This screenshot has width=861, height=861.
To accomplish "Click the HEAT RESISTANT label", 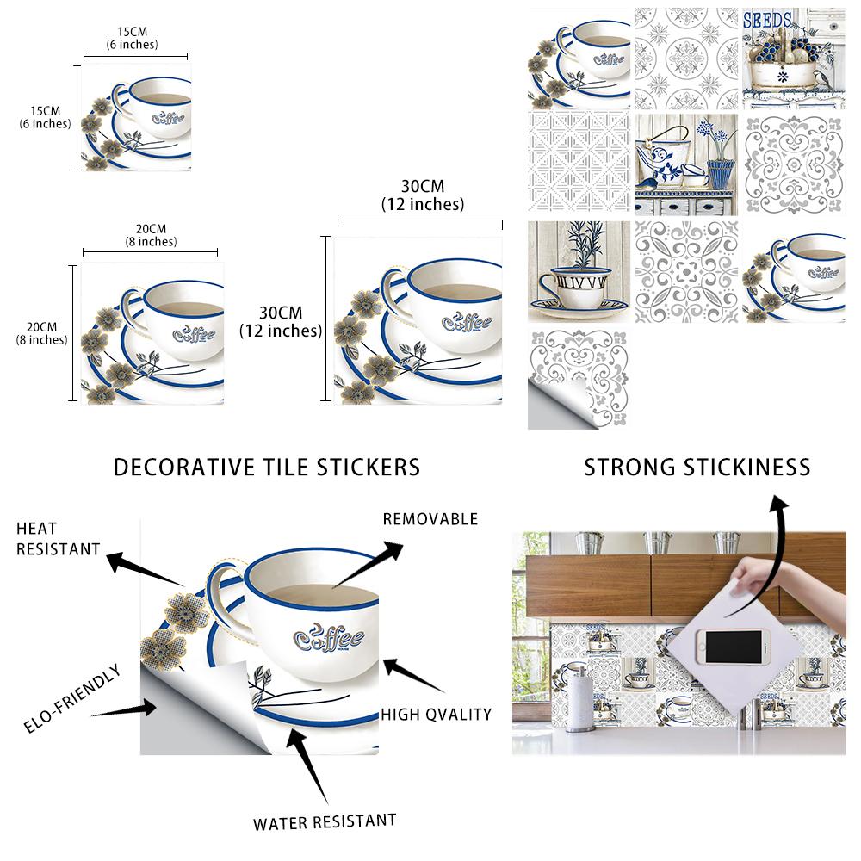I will pos(58,538).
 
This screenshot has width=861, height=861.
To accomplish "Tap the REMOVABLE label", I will pos(430,519).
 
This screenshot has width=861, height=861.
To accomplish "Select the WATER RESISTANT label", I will pos(325,821).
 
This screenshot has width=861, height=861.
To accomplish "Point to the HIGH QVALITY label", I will pos(437,714).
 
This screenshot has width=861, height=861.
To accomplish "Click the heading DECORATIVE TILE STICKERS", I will pos(267,468).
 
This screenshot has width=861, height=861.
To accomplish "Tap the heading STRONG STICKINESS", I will pos(697,468).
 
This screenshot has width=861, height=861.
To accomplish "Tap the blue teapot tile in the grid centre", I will pos(686,164).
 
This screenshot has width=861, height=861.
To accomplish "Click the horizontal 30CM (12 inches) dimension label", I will pos(422,195).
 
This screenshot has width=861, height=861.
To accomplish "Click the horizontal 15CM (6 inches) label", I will pos(133,38).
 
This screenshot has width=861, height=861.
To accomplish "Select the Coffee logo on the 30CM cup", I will pos(466,322).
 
